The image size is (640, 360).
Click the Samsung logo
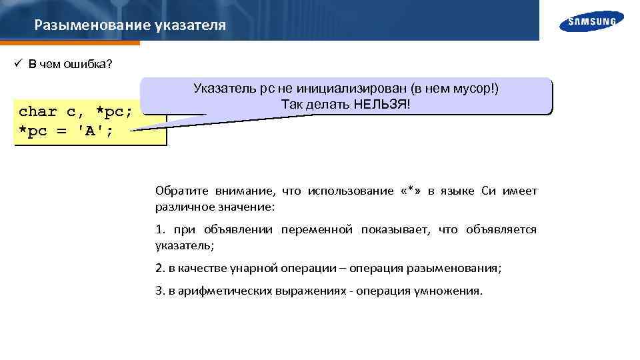click(592, 21)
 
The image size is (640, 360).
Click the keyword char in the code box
click(37, 111)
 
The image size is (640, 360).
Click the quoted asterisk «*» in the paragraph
click(411, 191)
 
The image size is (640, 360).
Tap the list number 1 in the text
click(159, 230)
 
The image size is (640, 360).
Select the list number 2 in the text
click(159, 269)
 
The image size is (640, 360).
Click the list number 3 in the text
click(159, 292)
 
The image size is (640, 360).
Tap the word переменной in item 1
click(317, 230)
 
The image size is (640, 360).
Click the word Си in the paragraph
click(489, 191)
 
